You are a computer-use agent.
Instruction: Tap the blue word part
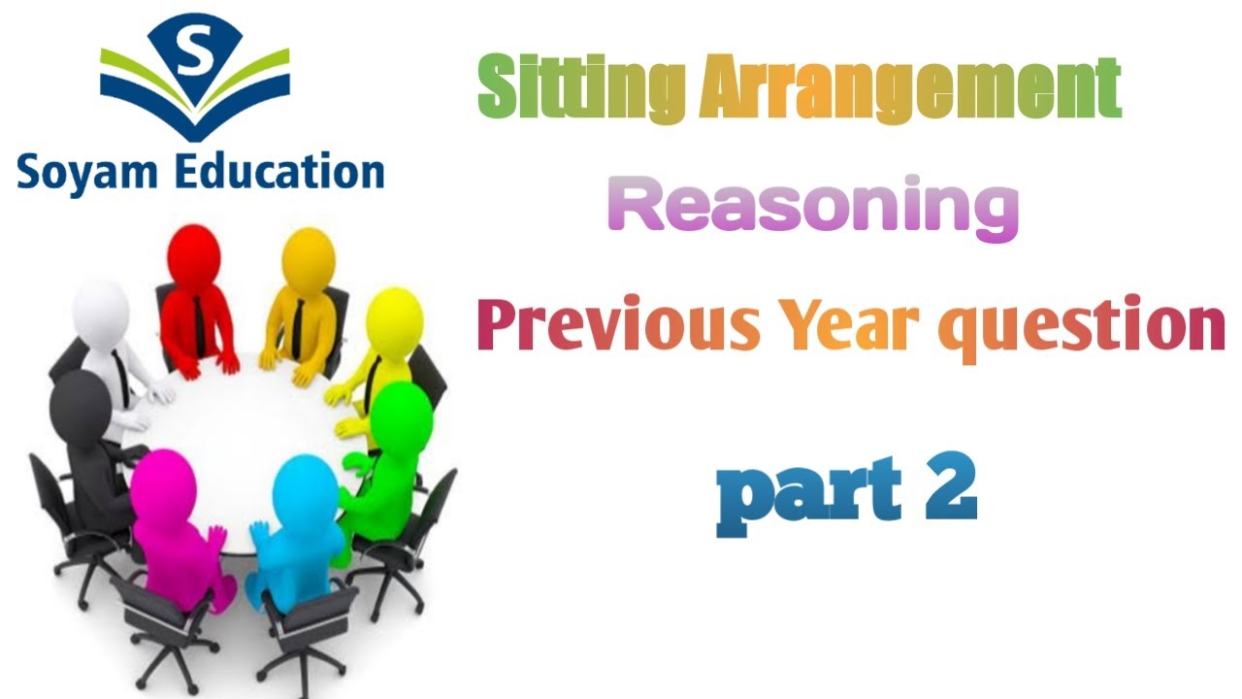pyautogui.click(x=796, y=497)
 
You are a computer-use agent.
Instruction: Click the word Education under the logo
pyautogui.click(x=277, y=172)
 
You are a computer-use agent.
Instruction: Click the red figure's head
pyautogui.click(x=194, y=253)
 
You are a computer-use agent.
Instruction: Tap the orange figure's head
pyautogui.click(x=309, y=256)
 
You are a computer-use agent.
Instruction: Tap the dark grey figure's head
pyautogui.click(x=82, y=408)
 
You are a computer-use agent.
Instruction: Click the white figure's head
pyautogui.click(x=101, y=313)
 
